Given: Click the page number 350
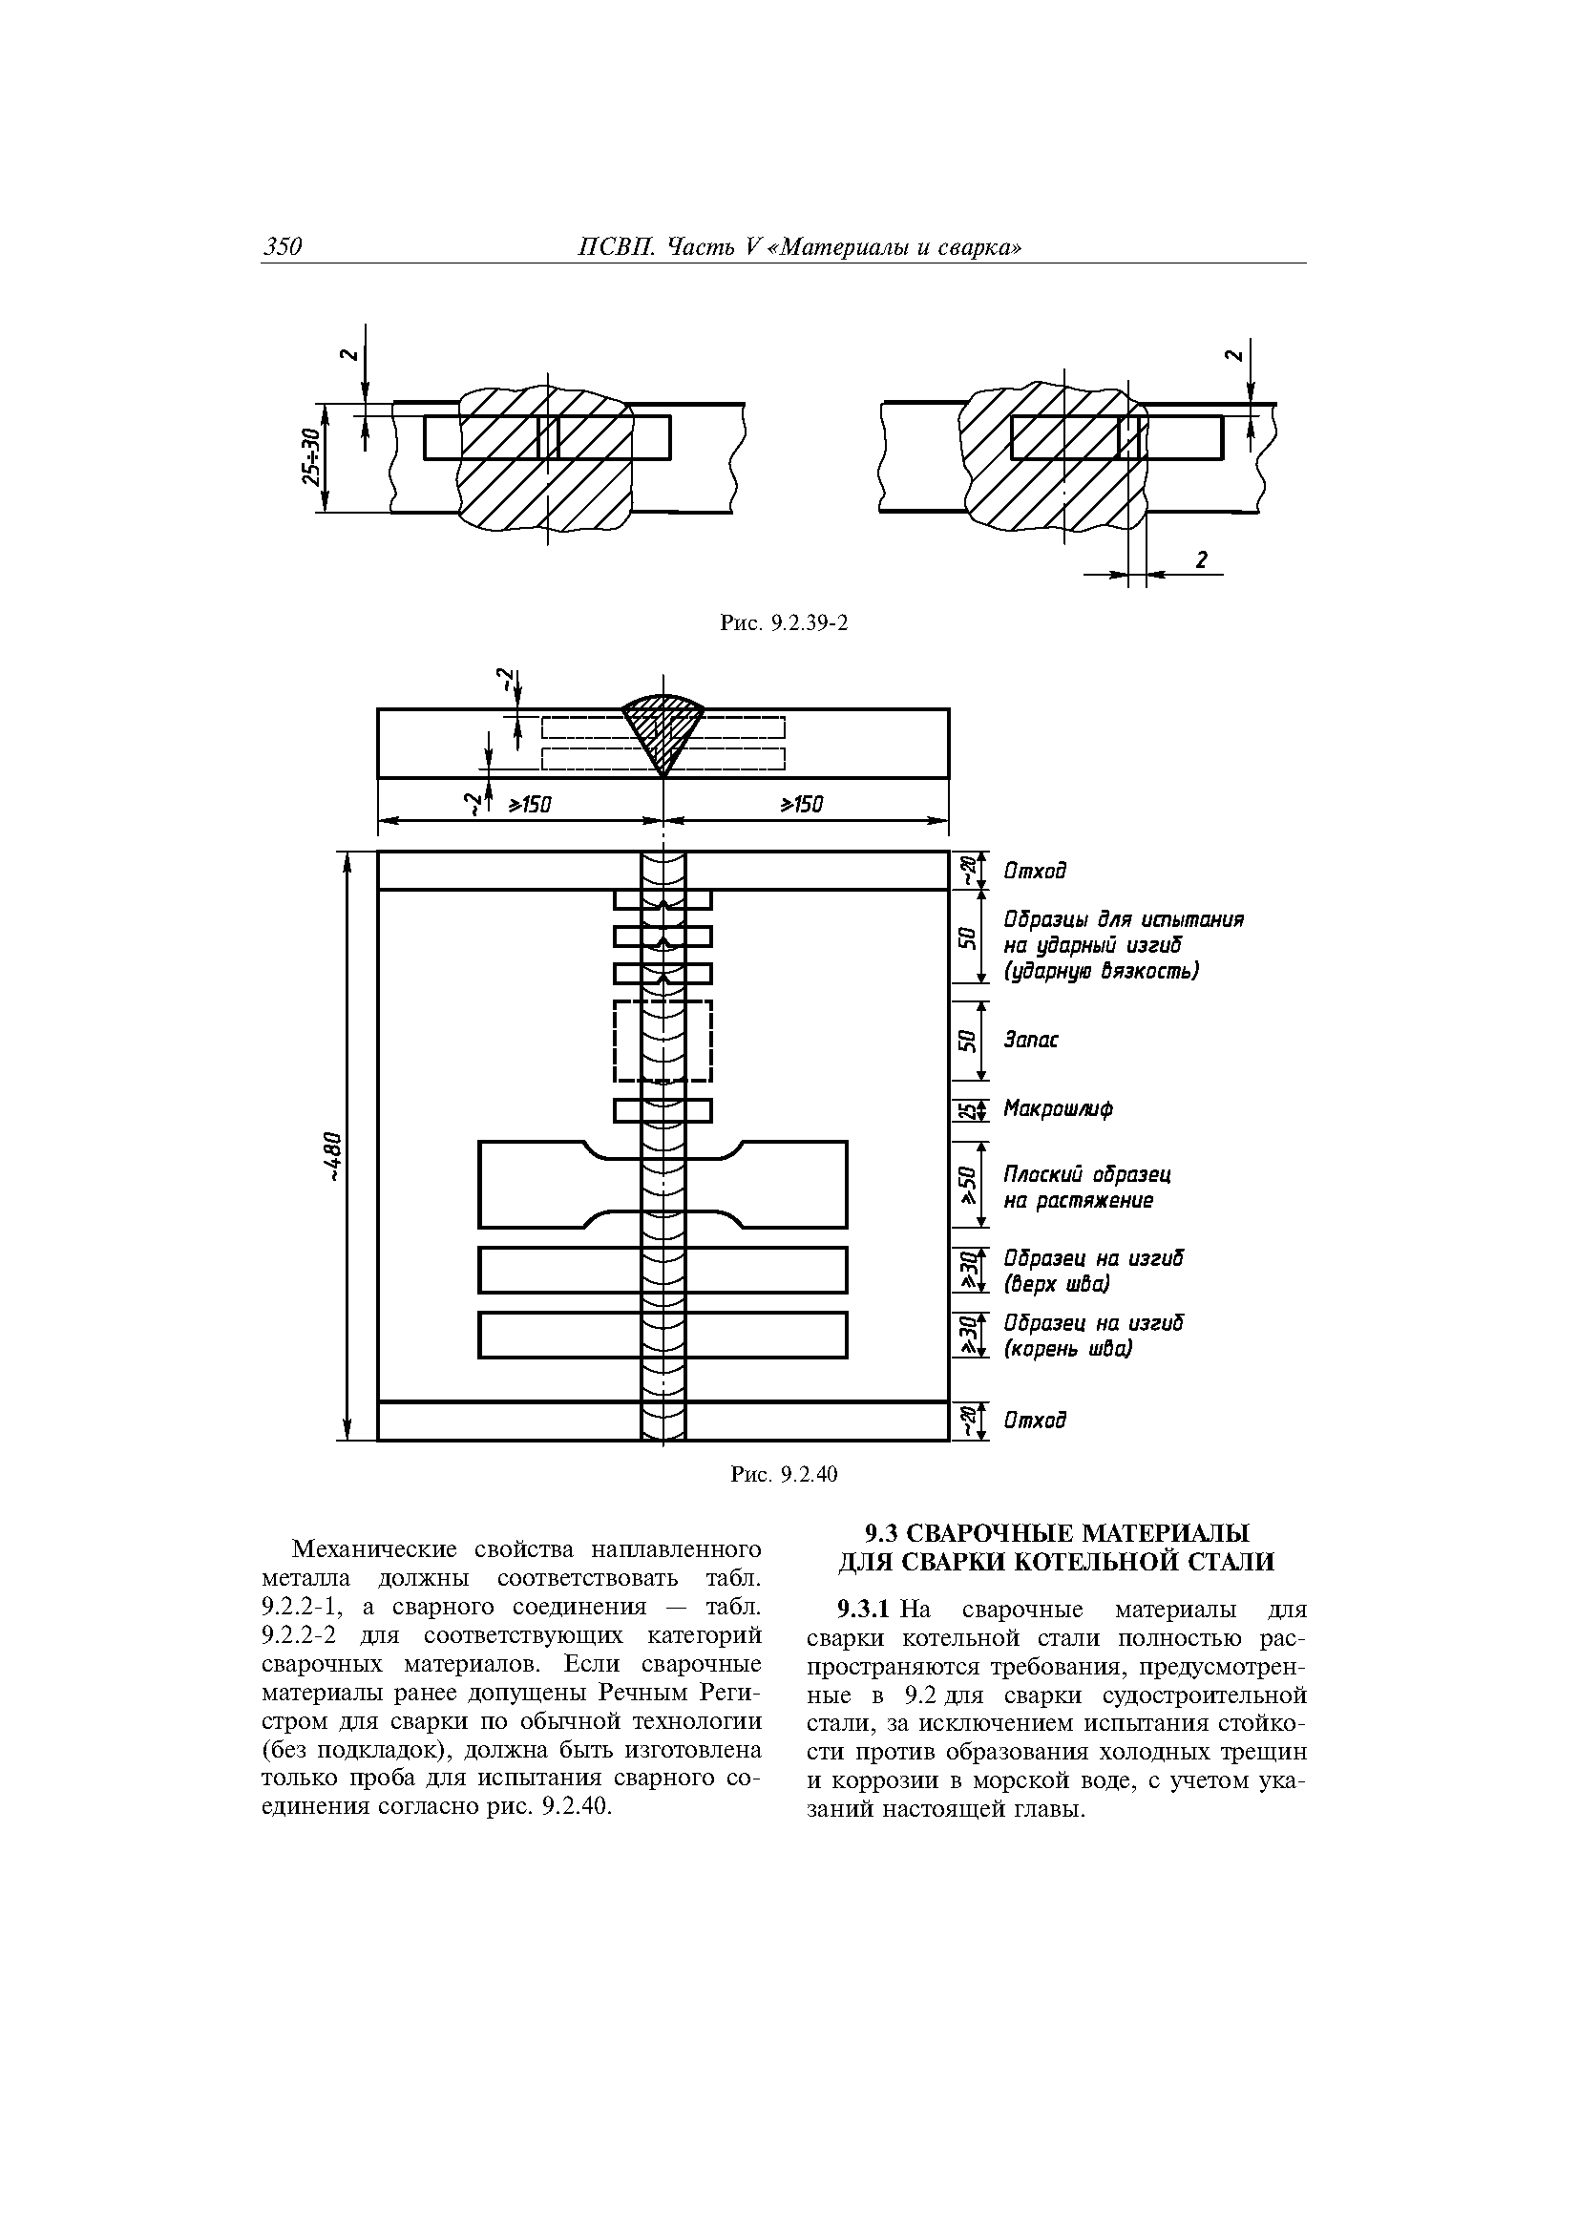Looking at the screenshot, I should click(283, 247).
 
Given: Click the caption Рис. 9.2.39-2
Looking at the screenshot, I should click(784, 622).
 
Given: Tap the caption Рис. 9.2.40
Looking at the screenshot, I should click(784, 1474).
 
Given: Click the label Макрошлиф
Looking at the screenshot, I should click(1058, 1108).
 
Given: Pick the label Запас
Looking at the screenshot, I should click(1031, 1041).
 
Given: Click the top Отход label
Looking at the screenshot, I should click(1035, 870).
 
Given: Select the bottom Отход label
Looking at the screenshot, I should click(1035, 1421).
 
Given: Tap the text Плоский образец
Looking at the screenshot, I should click(1087, 1174).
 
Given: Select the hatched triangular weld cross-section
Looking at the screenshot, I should click(663, 726).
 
